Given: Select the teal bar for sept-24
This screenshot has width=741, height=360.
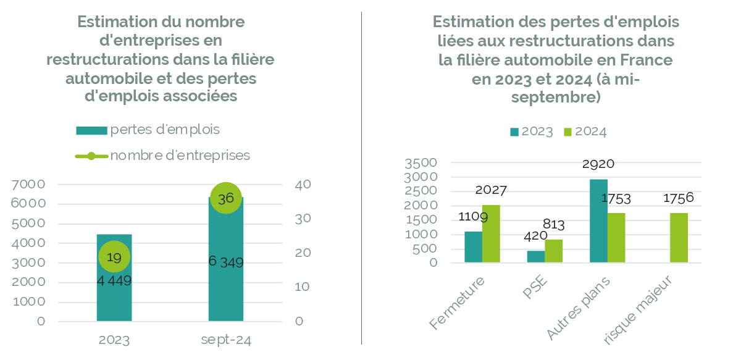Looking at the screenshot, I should coord(225,290).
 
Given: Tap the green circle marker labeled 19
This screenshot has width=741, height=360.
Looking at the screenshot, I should coord(114,257).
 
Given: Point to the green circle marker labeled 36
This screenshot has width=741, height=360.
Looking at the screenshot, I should coord(225,198).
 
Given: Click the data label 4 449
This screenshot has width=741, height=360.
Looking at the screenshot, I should coord(114,281).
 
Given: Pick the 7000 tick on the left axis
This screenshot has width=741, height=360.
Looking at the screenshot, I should coord(28,184).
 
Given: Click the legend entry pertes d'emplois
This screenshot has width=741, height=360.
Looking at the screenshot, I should coord(164,130).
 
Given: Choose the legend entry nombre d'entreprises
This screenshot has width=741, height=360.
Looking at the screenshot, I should coord(180,155).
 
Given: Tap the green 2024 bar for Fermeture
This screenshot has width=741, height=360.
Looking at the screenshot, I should coord(492,234).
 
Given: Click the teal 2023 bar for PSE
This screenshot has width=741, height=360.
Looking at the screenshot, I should coord(535,256).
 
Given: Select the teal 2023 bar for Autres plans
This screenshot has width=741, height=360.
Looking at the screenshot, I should coord(598,220).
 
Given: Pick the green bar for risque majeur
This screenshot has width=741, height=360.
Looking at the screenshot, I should coord(679,238).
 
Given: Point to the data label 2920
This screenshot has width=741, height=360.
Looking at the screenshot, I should coord(598,164).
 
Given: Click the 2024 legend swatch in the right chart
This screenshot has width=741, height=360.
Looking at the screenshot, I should coord(569,132).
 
